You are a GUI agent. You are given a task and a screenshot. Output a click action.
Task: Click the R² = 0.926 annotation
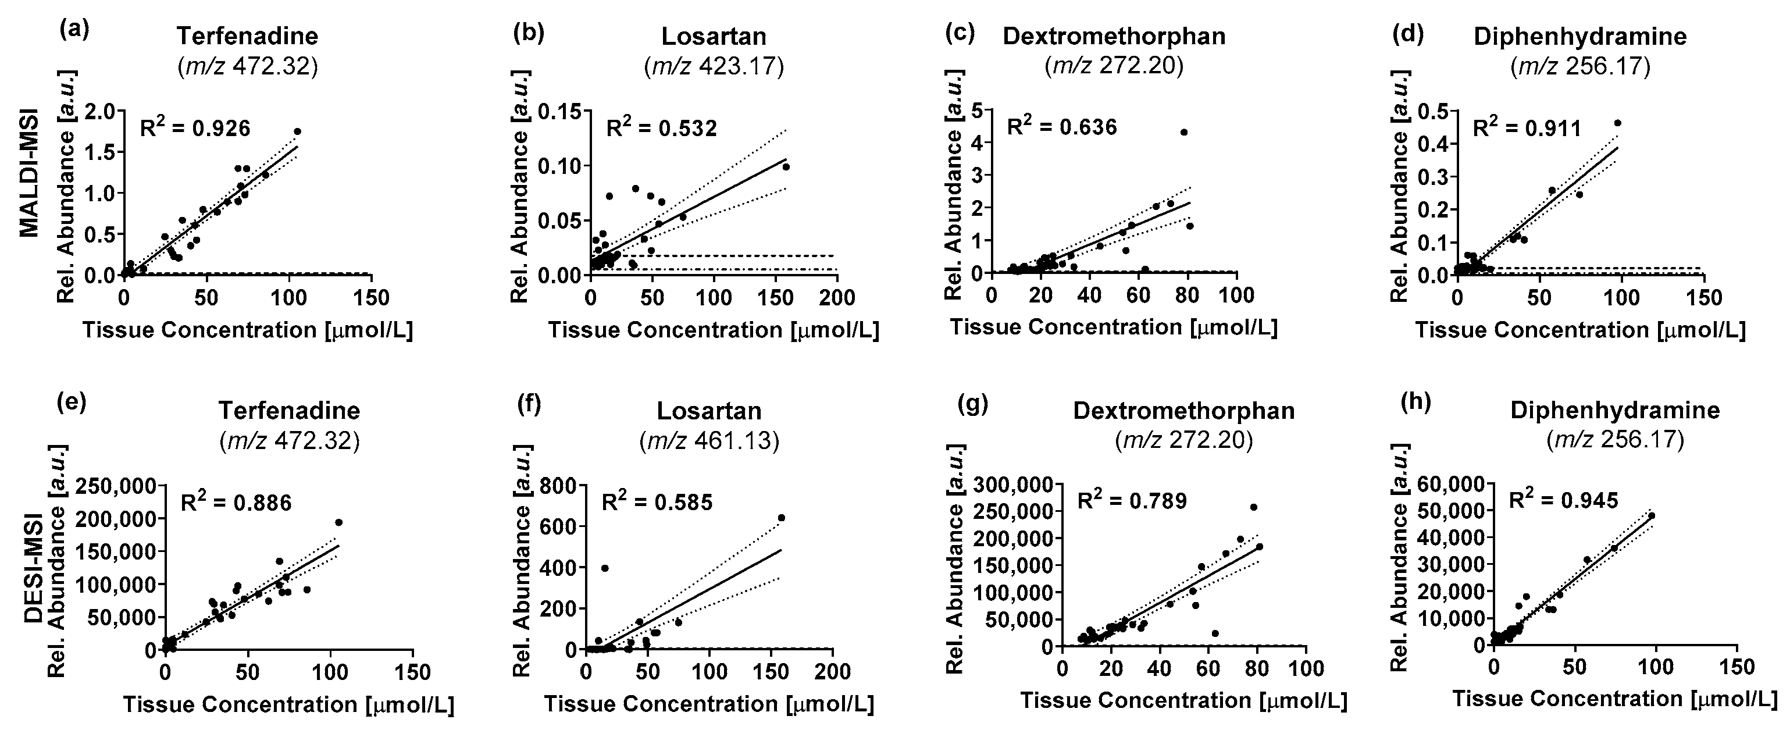pyautogui.click(x=195, y=128)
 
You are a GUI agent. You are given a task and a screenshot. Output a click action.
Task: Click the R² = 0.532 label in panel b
pyautogui.click(x=662, y=128)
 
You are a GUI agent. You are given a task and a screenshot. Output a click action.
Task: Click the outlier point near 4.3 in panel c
pyautogui.click(x=1183, y=132)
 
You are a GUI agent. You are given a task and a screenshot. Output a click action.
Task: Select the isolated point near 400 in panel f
pyautogui.click(x=605, y=568)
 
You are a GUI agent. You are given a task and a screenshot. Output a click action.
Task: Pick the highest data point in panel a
pyautogui.click(x=297, y=131)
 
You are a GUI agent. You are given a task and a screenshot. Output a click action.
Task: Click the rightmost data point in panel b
pyautogui.click(x=786, y=167)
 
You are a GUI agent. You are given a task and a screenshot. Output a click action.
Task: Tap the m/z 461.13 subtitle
pyautogui.click(x=709, y=440)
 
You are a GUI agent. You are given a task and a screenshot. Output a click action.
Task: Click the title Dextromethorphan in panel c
pyautogui.click(x=1114, y=36)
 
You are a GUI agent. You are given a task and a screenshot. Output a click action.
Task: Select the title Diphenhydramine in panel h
pyautogui.click(x=1615, y=410)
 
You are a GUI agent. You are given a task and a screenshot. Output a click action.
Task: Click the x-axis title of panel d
pyautogui.click(x=1580, y=330)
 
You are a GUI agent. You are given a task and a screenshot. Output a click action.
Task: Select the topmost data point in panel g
pyautogui.click(x=1254, y=507)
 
